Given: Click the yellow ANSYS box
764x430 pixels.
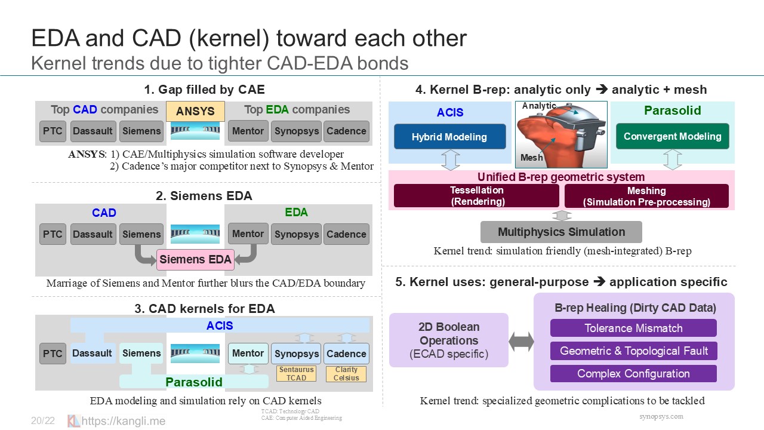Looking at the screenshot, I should click(195, 111).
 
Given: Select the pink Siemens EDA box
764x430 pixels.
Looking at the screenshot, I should click(195, 260).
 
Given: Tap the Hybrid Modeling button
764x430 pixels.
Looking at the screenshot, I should click(449, 137).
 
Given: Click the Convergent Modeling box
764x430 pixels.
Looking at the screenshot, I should click(672, 136).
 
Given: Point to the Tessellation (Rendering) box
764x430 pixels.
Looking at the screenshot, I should click(476, 196).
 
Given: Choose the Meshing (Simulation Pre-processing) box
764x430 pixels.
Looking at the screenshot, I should click(646, 196).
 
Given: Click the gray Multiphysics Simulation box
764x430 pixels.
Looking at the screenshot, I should click(561, 232).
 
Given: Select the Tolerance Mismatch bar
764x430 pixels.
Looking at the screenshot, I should click(633, 328).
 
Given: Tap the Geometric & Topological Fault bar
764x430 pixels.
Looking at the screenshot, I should click(633, 351).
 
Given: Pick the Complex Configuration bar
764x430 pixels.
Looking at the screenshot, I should click(633, 374).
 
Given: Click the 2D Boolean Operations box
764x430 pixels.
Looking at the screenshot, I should click(449, 340).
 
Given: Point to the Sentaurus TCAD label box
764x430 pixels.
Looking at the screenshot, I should click(296, 374).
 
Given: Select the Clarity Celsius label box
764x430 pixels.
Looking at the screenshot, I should click(346, 374).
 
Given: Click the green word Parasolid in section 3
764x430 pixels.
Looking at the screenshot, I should click(194, 382).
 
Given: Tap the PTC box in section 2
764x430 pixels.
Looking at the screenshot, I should click(53, 234).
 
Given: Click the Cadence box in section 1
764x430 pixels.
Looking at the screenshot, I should click(346, 131).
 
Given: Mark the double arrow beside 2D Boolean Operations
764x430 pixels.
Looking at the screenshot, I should click(521, 342).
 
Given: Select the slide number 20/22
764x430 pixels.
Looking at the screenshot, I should click(43, 421).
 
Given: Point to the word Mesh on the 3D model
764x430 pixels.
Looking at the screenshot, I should click(532, 158).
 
